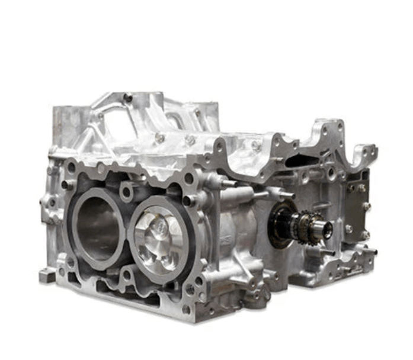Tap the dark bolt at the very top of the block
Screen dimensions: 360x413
(128, 97)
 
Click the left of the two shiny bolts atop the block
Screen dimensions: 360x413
(160, 137)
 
